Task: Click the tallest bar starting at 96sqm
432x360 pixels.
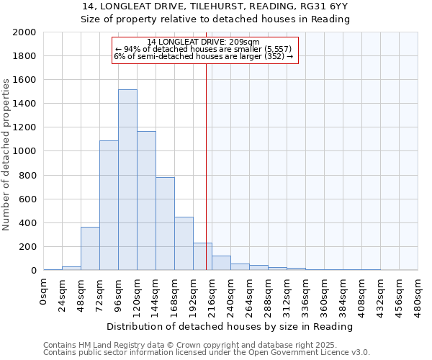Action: click(x=127, y=180)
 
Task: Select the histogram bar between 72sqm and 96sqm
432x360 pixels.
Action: click(x=109, y=205)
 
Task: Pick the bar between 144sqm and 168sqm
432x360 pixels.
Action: click(x=165, y=223)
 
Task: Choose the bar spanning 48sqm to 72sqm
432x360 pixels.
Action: click(x=90, y=248)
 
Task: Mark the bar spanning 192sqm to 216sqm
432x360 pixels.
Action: click(x=202, y=256)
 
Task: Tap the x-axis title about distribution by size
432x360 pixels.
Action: click(x=230, y=326)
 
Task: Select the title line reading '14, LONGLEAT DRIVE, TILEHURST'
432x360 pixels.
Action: click(x=216, y=6)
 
